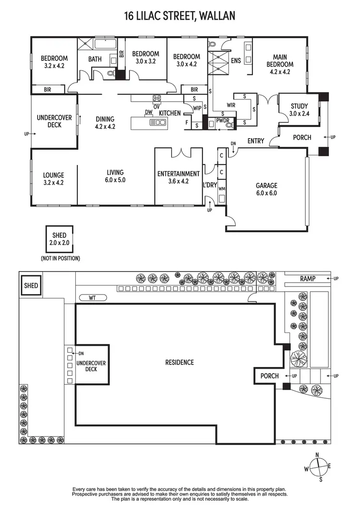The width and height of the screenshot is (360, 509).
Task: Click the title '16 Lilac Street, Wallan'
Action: pos(180,16)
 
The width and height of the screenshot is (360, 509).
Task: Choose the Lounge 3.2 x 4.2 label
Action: pos(53,179)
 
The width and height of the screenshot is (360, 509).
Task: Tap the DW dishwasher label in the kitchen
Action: pos(148,113)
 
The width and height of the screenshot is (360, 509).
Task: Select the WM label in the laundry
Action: pos(221,189)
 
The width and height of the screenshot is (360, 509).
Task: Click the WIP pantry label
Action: pos(197,108)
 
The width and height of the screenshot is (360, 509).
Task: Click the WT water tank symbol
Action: pos(92,298)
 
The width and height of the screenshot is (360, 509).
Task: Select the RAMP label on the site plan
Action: pos(308,279)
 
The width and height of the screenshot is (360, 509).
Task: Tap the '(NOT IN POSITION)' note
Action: pos(60,258)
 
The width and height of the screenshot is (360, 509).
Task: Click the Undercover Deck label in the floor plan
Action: pos(54,121)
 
